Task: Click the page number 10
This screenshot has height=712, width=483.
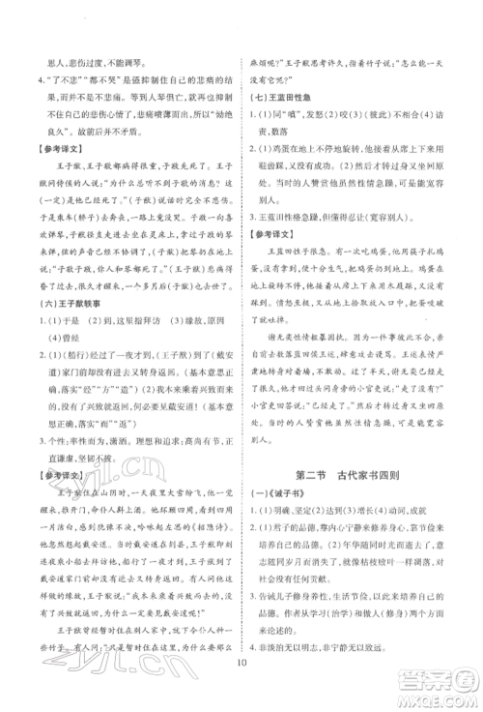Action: click(241, 689)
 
